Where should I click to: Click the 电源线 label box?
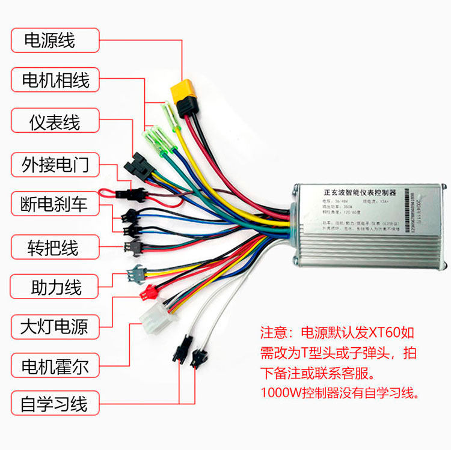click(x=55, y=41)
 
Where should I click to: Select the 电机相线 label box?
click(x=55, y=80)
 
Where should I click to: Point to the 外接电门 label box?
click(x=55, y=163)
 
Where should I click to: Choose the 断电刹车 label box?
click(x=55, y=205)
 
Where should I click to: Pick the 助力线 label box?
click(x=55, y=287)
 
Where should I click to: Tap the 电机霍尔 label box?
click(x=55, y=366)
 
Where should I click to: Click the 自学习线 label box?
click(x=54, y=403)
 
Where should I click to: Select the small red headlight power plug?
click(x=147, y=293)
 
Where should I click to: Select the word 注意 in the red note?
click(x=274, y=332)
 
